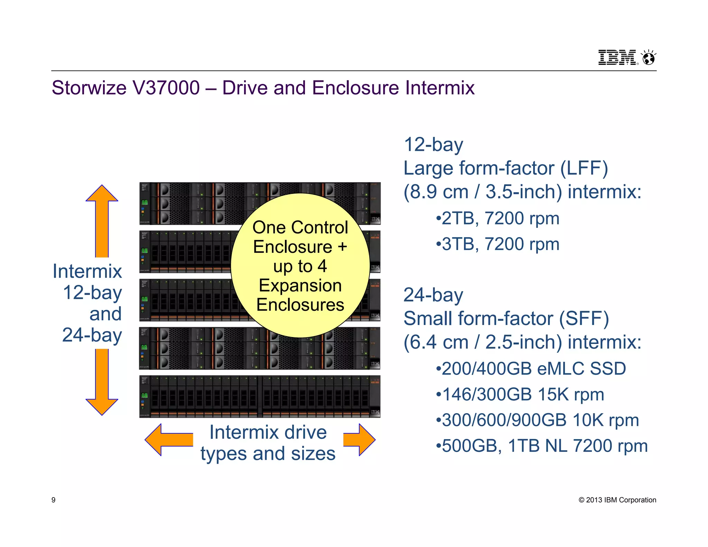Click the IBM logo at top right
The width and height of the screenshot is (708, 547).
pyautogui.click(x=617, y=57)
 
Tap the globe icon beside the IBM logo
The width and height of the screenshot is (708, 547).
pyautogui.click(x=649, y=58)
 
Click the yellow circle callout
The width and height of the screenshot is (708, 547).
pyautogui.click(x=300, y=266)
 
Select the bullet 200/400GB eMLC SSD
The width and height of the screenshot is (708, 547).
pyautogui.click(x=531, y=369)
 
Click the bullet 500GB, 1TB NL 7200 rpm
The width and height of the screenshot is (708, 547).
pyautogui.click(x=541, y=446)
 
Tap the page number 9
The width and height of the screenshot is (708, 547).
pyautogui.click(x=53, y=500)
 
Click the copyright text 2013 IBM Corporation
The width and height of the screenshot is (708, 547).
pyautogui.click(x=617, y=500)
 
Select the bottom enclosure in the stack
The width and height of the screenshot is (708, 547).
pyautogui.click(x=260, y=397)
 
